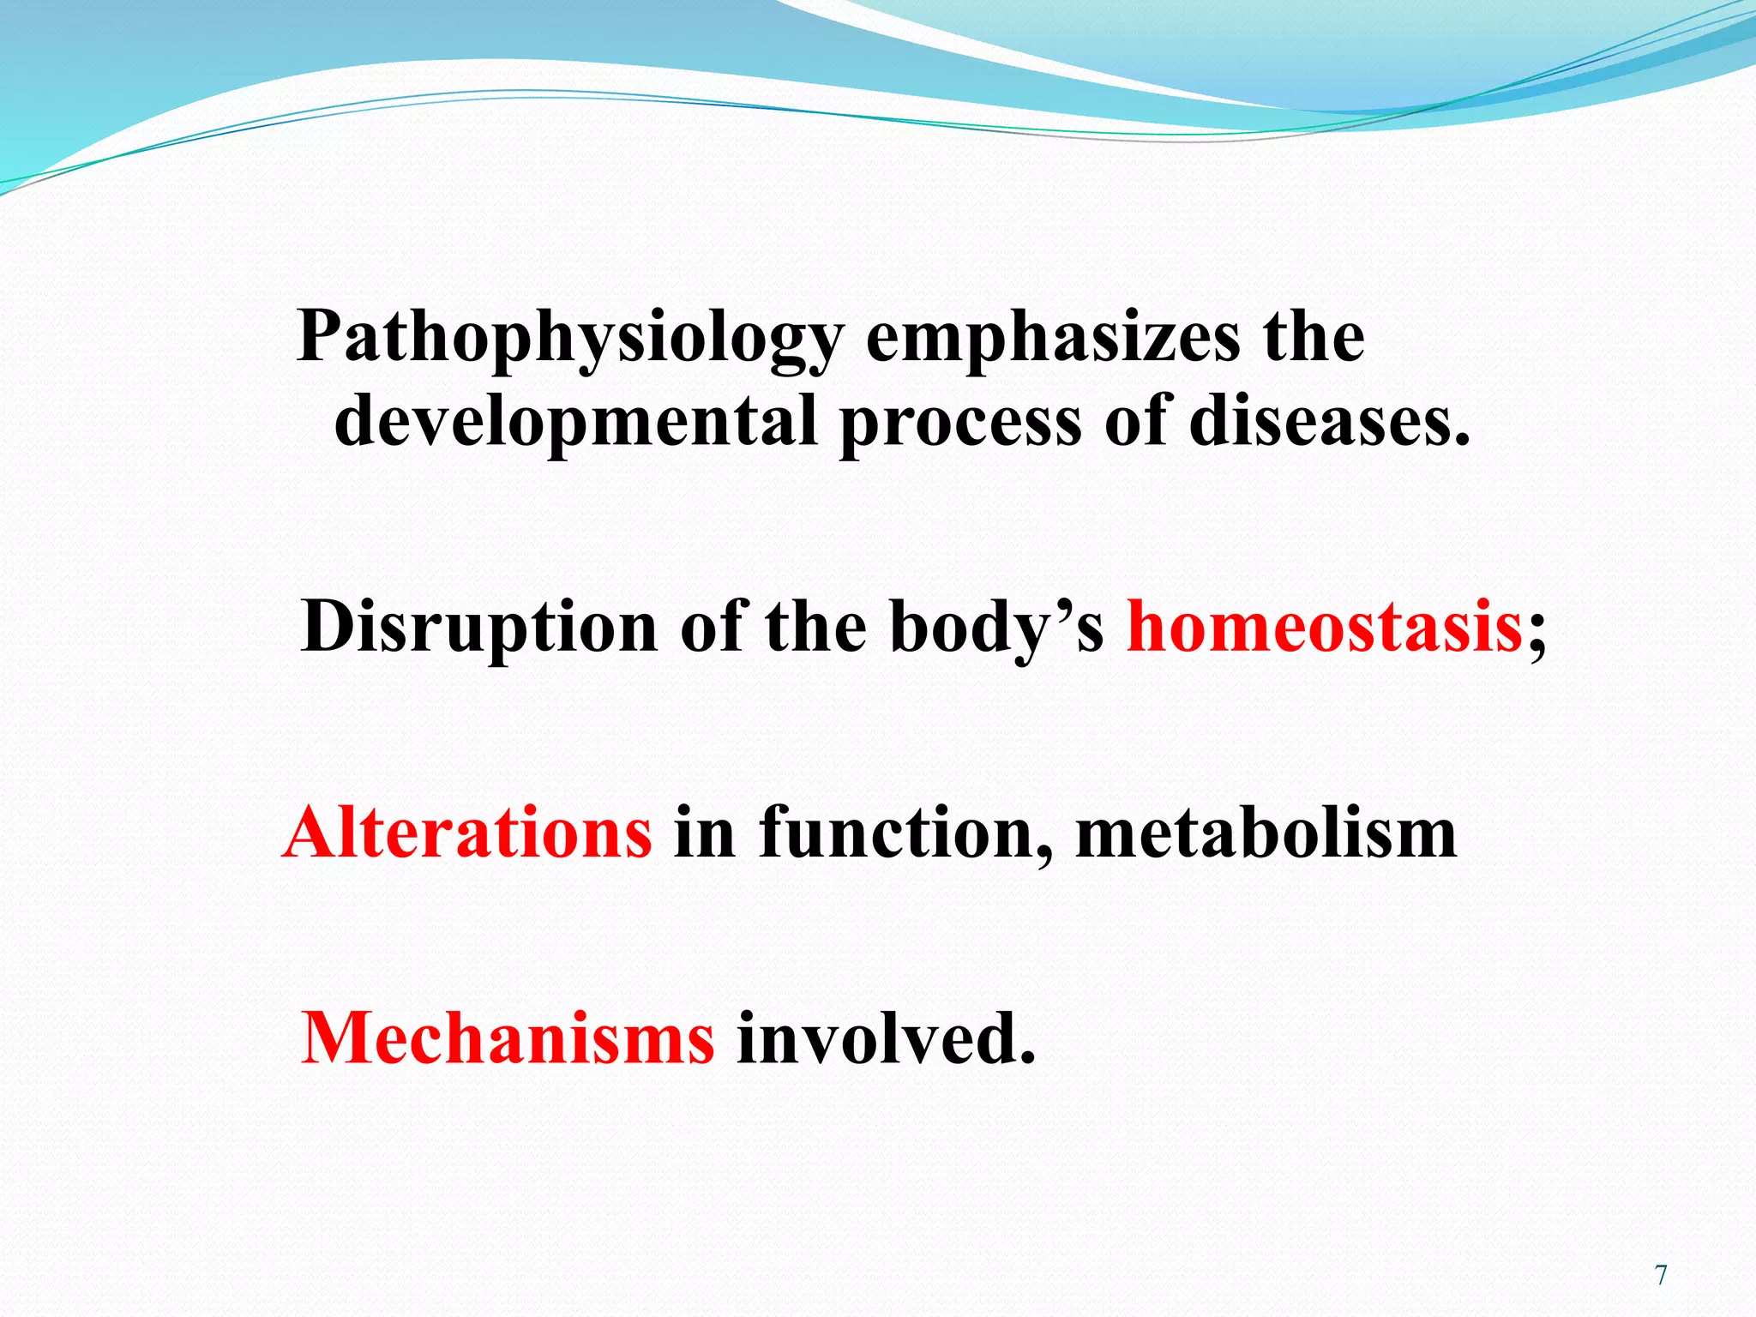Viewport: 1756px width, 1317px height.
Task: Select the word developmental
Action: tap(575, 422)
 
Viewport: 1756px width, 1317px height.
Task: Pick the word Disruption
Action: tap(479, 628)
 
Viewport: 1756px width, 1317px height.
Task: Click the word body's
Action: tap(996, 628)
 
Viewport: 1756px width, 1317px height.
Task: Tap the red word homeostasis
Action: tap(1324, 628)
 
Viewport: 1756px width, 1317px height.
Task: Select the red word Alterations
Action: tap(467, 833)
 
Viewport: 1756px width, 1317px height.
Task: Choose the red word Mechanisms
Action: tap(507, 1038)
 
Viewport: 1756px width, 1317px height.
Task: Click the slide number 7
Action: tap(1661, 1276)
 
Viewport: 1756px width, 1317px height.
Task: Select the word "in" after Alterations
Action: tap(704, 833)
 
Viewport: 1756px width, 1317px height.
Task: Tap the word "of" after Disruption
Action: tap(711, 628)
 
